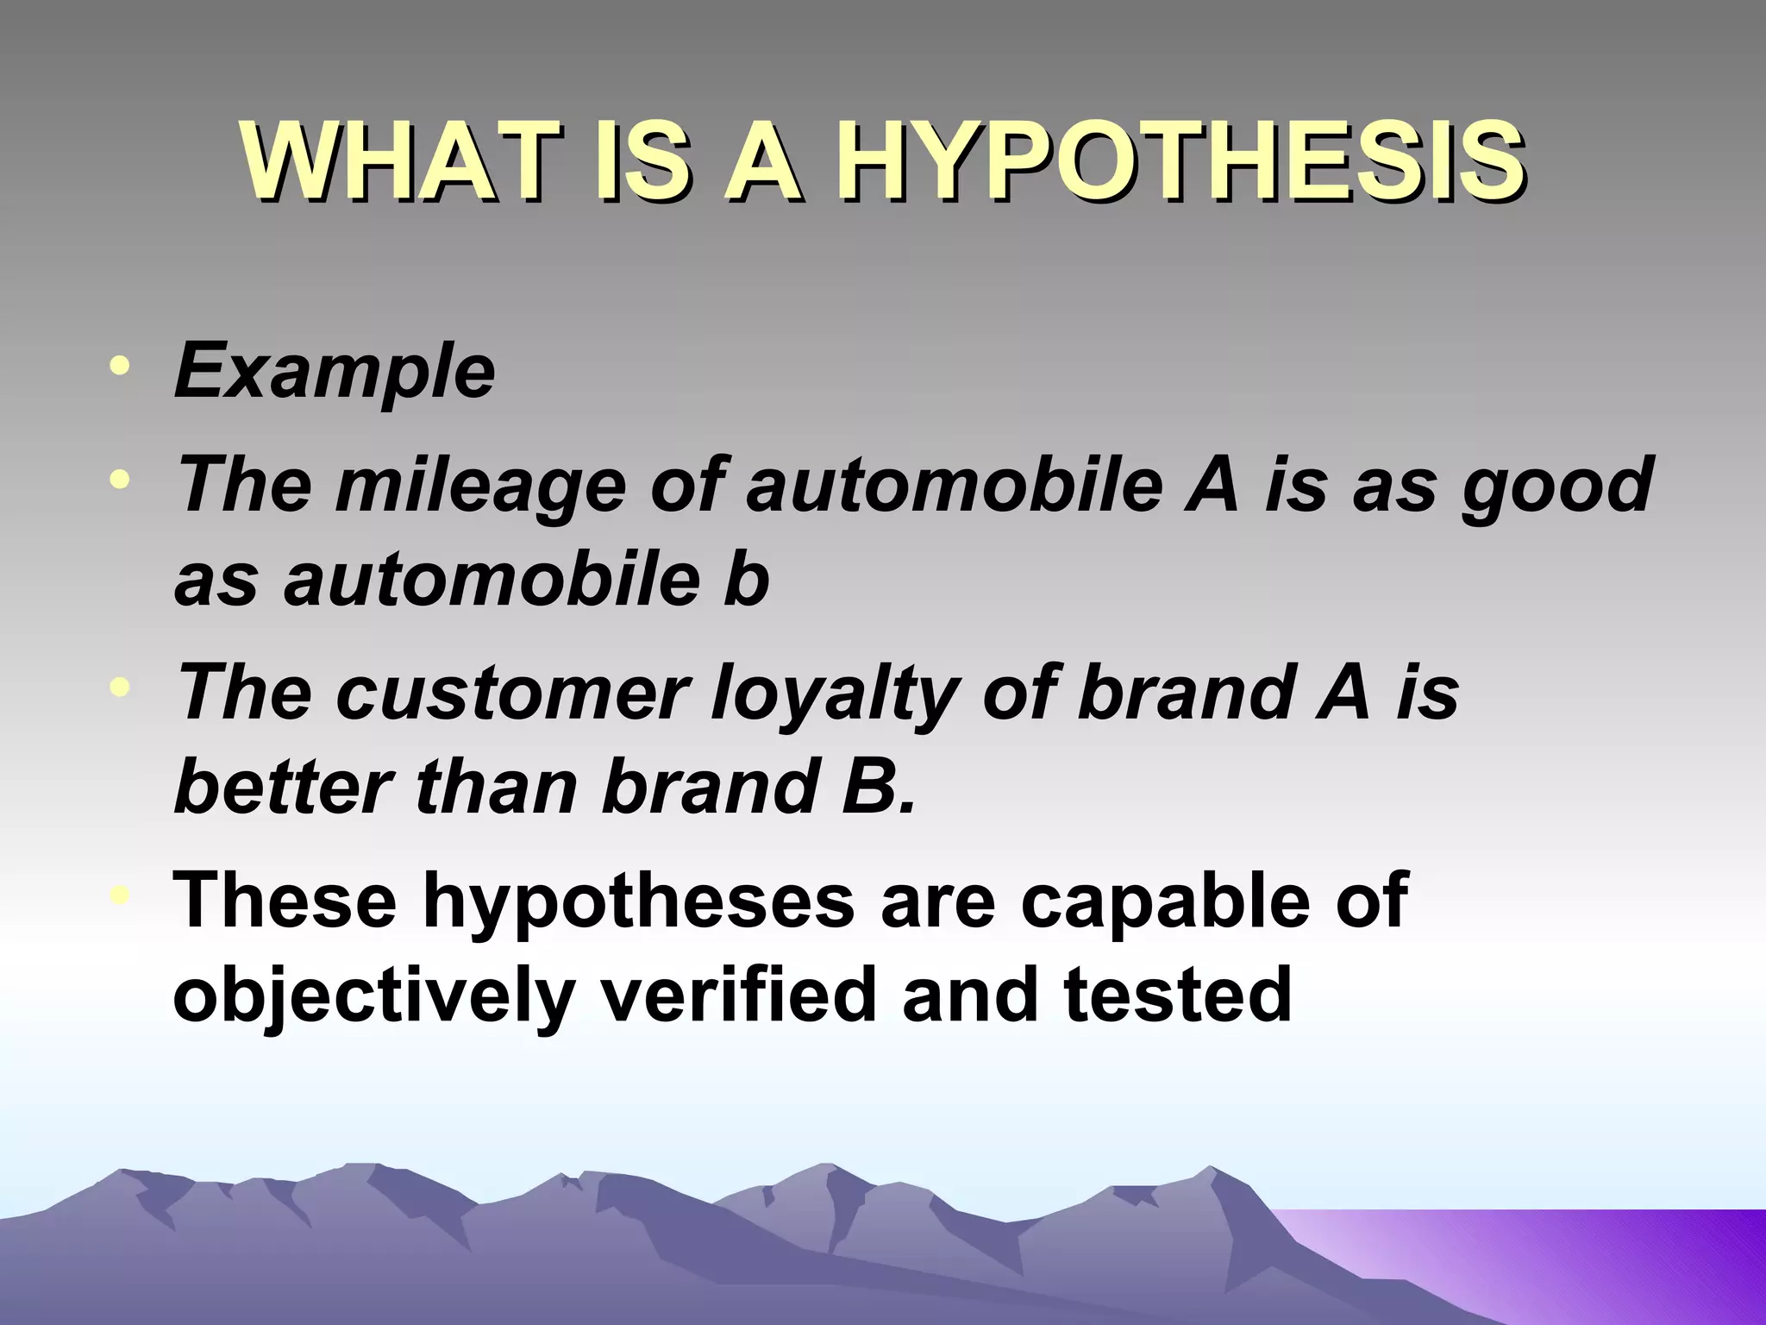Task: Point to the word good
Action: (x=1556, y=485)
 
